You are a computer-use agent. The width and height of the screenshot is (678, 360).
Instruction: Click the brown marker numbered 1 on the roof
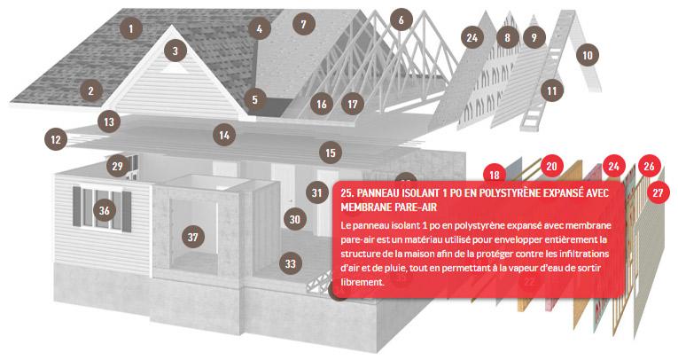coord(130,28)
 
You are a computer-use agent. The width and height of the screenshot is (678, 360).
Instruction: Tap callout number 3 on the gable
coord(175,51)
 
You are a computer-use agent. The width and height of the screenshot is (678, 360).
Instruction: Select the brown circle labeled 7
coord(303,24)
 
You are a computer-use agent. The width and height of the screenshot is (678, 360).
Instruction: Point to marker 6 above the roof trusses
coord(401,20)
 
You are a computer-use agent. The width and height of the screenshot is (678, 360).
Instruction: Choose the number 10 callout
coord(588,55)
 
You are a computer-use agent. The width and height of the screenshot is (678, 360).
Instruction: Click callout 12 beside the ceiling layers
coord(56,139)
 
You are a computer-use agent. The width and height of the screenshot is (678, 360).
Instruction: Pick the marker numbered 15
coord(331,153)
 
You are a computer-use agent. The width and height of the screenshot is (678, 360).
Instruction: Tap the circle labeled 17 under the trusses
coord(353,105)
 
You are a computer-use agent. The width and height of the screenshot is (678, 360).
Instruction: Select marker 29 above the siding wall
coord(117,166)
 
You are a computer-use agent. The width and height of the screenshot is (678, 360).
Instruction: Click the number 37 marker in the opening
coord(193,237)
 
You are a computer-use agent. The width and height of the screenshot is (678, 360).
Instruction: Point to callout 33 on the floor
coord(290,263)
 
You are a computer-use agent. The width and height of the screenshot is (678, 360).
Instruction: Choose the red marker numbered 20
coord(551,166)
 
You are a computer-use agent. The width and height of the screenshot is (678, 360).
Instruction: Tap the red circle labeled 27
coord(658,192)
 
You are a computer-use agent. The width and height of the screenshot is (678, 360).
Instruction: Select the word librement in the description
coord(362,282)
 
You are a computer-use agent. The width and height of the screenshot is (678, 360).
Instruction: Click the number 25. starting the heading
coord(347,192)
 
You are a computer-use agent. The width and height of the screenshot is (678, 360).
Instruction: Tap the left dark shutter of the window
coord(76,207)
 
